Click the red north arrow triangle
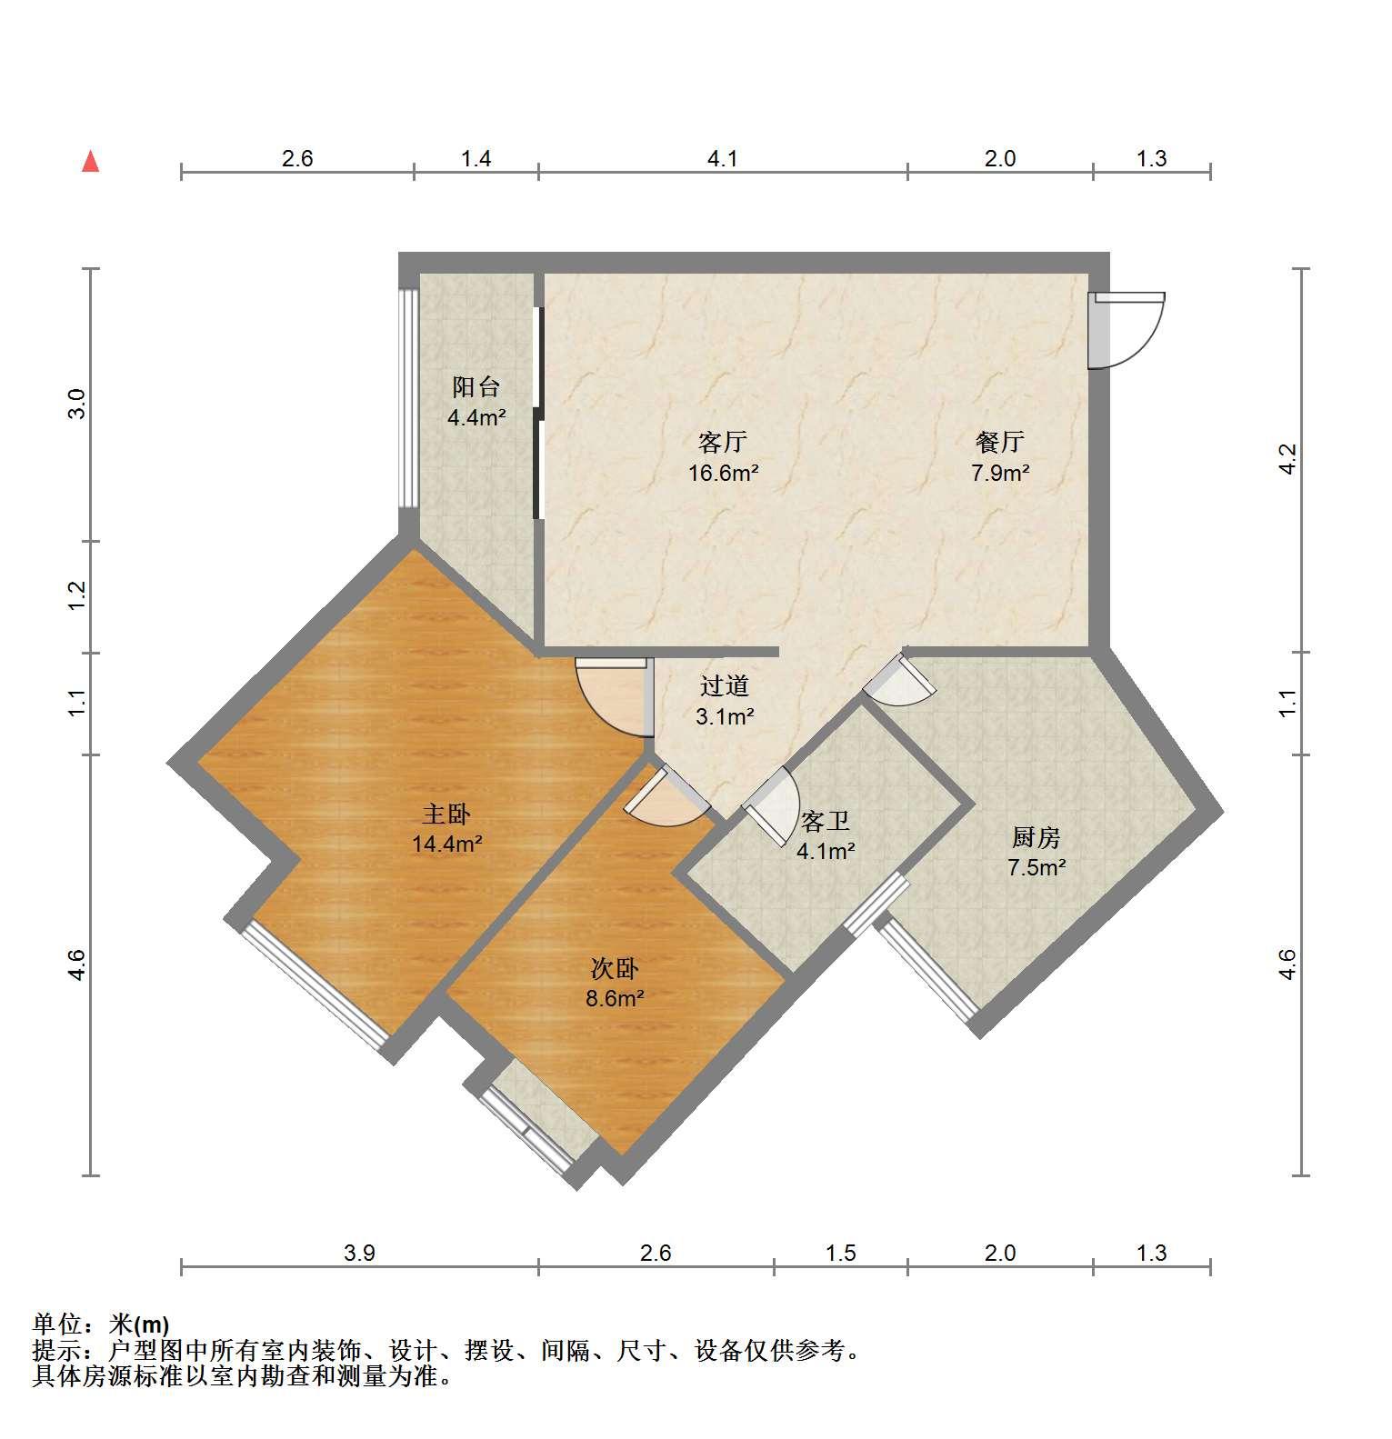[x=90, y=162]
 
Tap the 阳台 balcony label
[x=476, y=387]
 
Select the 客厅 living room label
[x=723, y=443]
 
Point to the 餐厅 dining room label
[x=1000, y=443]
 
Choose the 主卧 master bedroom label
[x=446, y=814]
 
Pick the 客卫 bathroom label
[x=826, y=822]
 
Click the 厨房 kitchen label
[x=1036, y=837]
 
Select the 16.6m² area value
[x=723, y=473]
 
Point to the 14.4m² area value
[x=446, y=844]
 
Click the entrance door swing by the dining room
[x=1127, y=330]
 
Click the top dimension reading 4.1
[x=723, y=159]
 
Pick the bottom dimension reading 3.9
[x=359, y=1254]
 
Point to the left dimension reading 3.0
[x=77, y=404]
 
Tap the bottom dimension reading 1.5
[x=841, y=1254]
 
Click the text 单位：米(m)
[x=101, y=1324]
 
